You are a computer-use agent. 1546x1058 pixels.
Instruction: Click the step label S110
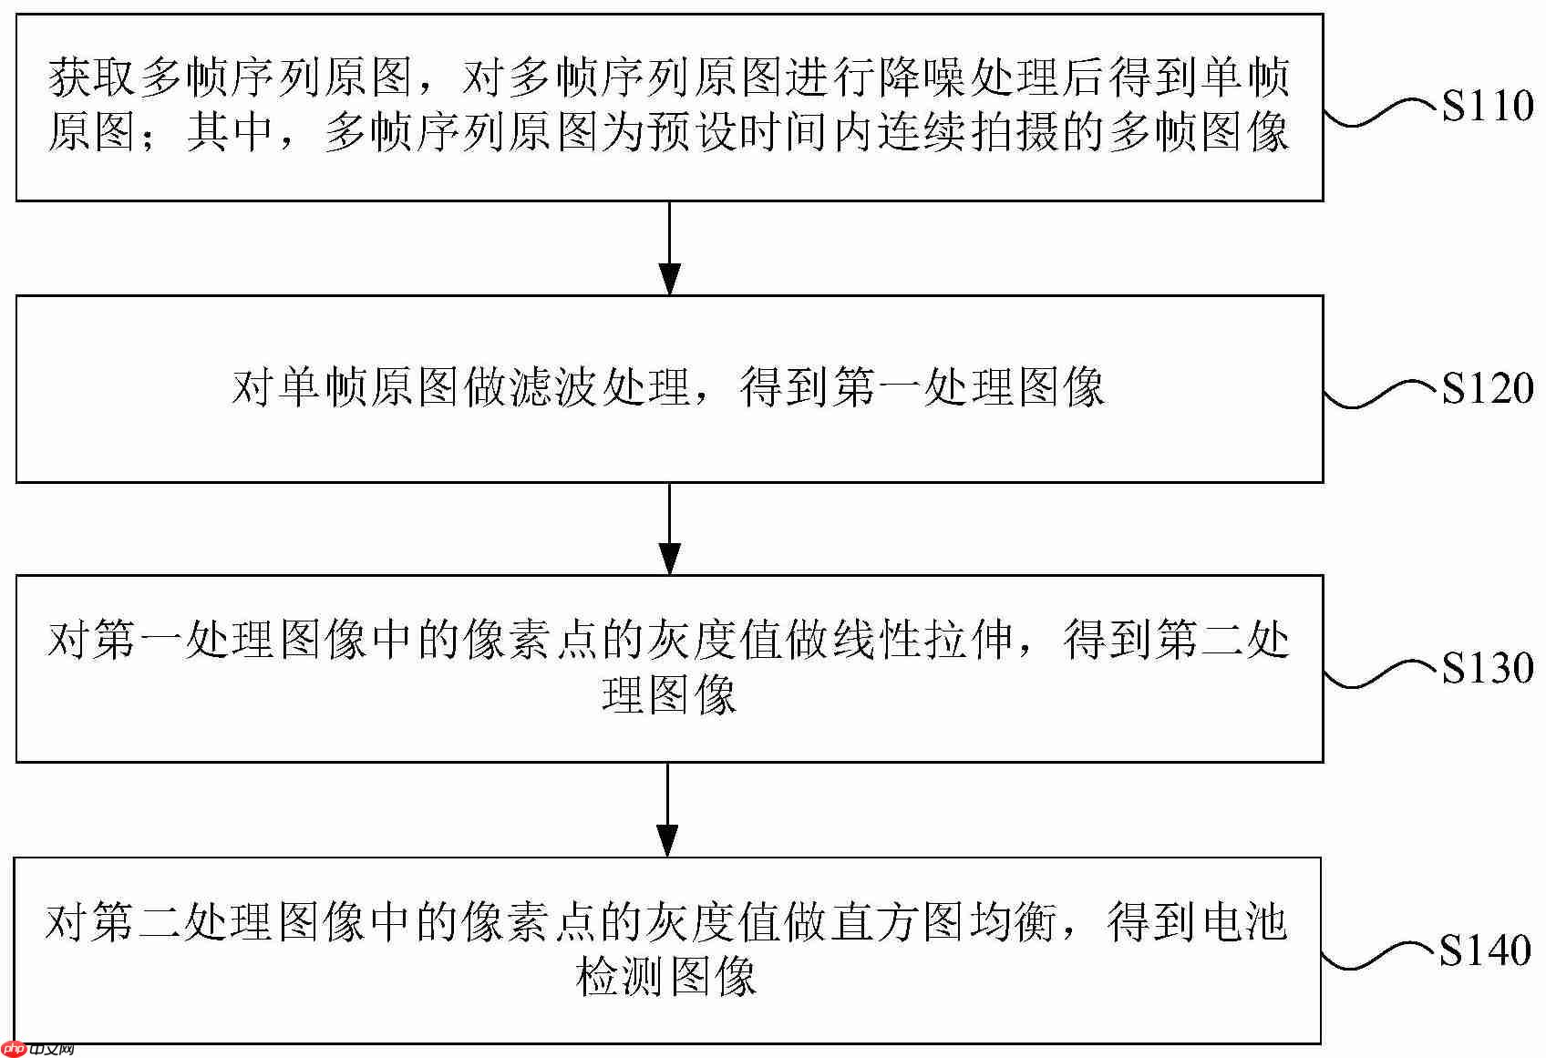coord(1487,107)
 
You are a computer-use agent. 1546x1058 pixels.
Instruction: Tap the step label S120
coord(1487,389)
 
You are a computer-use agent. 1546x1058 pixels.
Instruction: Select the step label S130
coord(1487,668)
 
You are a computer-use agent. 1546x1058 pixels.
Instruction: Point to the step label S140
coord(1485,950)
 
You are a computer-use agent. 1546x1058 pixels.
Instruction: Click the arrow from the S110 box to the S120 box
coord(670,248)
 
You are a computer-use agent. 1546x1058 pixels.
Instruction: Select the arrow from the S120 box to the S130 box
coord(670,529)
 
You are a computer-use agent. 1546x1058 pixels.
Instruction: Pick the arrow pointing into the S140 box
coord(669,809)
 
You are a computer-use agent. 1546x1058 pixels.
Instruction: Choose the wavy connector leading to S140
coord(1378,957)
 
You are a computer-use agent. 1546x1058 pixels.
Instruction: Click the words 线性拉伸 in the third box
coord(922,639)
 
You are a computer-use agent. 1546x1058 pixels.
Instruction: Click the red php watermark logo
coord(15,1049)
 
